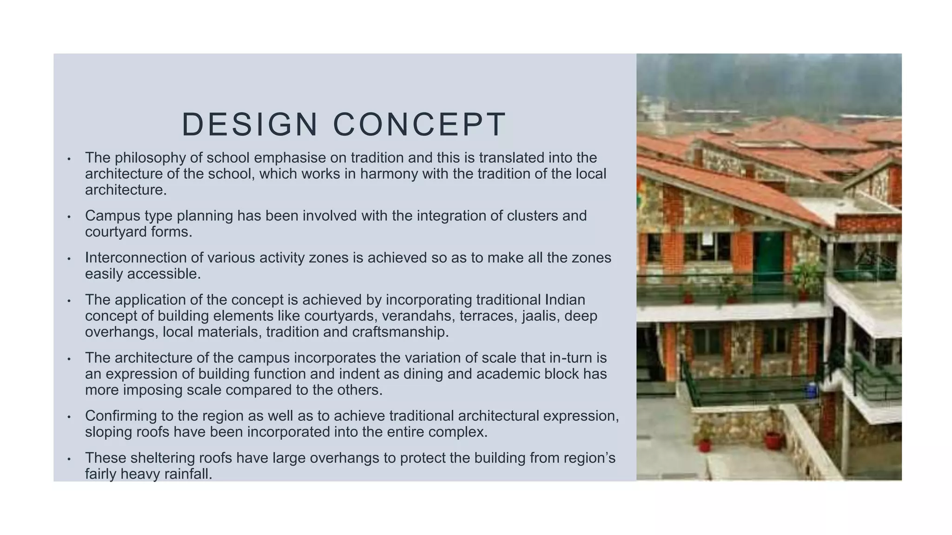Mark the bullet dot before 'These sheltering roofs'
point(69,459)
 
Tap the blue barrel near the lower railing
point(812,390)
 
